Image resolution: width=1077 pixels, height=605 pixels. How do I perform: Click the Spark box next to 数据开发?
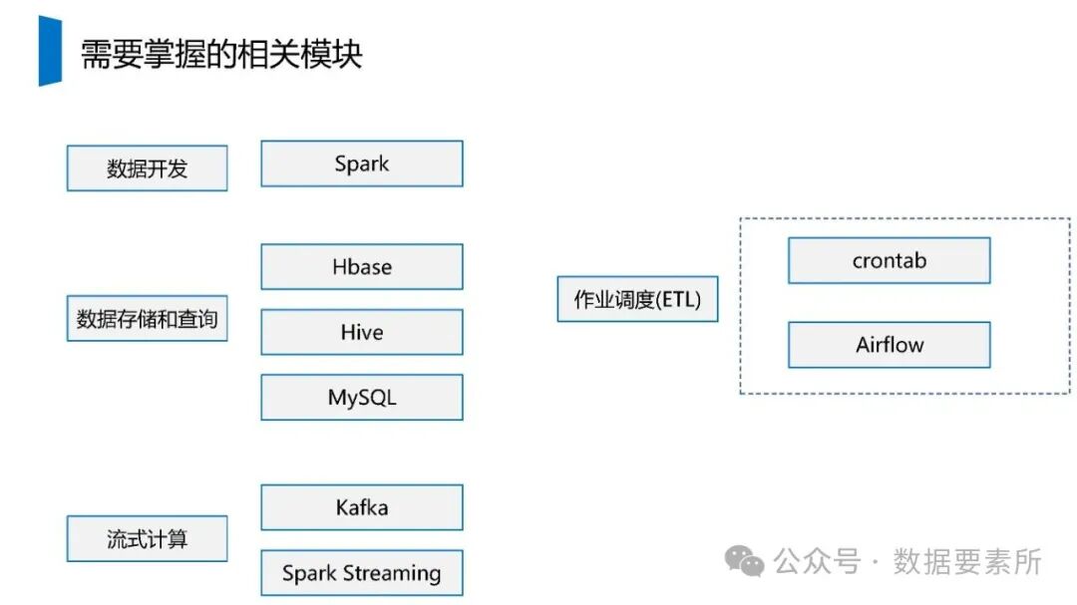pyautogui.click(x=362, y=163)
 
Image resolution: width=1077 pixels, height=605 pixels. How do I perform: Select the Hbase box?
pyautogui.click(x=362, y=267)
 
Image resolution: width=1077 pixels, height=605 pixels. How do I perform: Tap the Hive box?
pyautogui.click(x=362, y=332)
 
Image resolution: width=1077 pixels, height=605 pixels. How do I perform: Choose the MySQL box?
pyautogui.click(x=362, y=398)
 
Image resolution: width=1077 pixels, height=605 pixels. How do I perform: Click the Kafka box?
pyautogui.click(x=362, y=508)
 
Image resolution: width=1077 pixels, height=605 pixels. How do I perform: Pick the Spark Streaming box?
pyautogui.click(x=362, y=573)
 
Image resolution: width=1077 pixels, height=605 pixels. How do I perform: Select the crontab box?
pyautogui.click(x=889, y=261)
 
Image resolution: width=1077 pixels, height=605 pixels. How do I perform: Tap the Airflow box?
pyautogui.click(x=889, y=345)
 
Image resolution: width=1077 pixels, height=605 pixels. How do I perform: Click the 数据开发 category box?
pyautogui.click(x=147, y=168)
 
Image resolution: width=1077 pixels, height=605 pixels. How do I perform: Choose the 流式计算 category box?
pyautogui.click(x=147, y=539)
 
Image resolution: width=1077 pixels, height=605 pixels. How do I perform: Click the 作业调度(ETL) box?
pyautogui.click(x=637, y=299)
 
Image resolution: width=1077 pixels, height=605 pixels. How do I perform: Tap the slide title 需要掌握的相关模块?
pyautogui.click(x=220, y=54)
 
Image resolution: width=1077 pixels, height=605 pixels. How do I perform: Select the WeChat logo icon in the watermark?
pyautogui.click(x=745, y=562)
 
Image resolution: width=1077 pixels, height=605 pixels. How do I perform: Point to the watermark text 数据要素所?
pyautogui.click(x=967, y=562)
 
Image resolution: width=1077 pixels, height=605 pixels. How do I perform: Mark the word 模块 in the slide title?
pyautogui.click(x=334, y=54)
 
